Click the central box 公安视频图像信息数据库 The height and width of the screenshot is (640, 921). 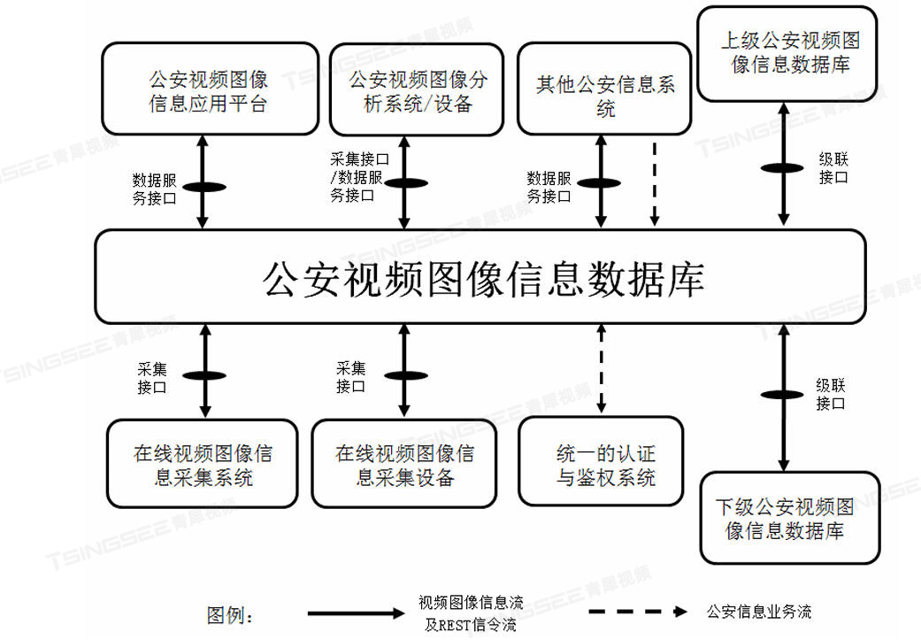[480, 277]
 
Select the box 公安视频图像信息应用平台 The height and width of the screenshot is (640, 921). [210, 89]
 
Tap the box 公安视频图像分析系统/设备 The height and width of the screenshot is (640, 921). [417, 89]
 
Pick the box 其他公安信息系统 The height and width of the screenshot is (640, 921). [604, 89]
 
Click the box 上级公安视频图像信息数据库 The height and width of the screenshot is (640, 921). [787, 54]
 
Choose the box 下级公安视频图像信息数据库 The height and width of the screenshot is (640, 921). [790, 518]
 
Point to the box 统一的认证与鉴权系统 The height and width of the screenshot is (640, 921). [601, 461]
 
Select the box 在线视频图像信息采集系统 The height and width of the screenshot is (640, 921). [202, 463]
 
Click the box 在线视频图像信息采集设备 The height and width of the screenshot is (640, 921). [404, 463]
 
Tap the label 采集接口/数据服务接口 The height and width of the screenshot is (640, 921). [359, 177]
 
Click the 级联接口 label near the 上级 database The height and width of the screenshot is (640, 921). [833, 168]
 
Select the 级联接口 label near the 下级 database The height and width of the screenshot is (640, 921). [831, 394]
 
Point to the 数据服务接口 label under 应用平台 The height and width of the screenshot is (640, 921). [155, 189]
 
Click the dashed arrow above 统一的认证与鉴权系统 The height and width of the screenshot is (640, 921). [601, 368]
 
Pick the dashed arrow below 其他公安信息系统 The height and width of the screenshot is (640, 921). [655, 183]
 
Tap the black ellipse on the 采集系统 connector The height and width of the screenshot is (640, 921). [204, 375]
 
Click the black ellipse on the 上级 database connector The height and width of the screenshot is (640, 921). [782, 168]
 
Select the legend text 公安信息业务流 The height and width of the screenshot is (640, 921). [759, 612]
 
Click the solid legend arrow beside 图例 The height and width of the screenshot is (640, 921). [357, 613]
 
